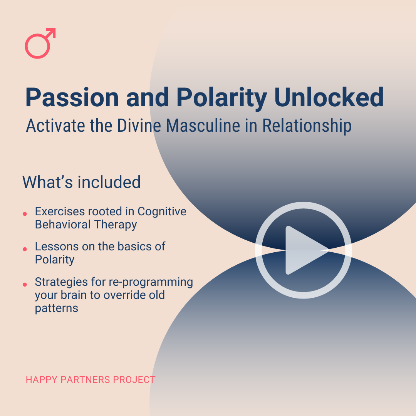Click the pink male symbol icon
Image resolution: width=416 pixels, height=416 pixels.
(x=39, y=44)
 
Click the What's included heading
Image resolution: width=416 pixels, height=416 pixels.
(x=81, y=182)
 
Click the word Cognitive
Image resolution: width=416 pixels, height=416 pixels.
(x=162, y=211)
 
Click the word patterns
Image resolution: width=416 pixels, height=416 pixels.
(x=57, y=308)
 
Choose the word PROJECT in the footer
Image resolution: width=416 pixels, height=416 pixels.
(x=134, y=380)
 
